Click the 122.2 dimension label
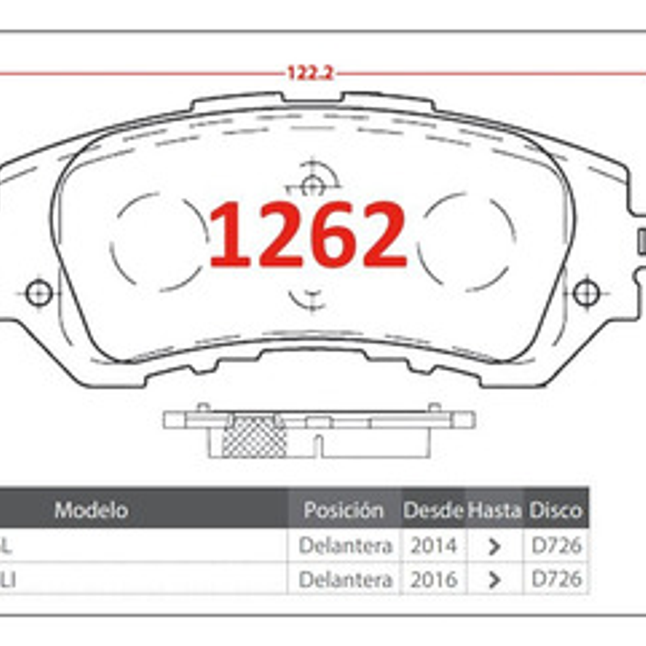[x=309, y=73]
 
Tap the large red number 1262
[x=308, y=235]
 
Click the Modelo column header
[x=91, y=510]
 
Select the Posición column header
[x=343, y=510]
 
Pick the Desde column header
[x=433, y=510]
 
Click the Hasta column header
[x=494, y=510]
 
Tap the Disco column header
[x=555, y=510]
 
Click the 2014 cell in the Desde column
[x=433, y=546]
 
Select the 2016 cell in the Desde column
[x=433, y=579]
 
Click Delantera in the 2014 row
[x=345, y=546]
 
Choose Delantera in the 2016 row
[x=345, y=579]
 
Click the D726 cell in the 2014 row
[x=556, y=546]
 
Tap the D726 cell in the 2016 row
[x=556, y=579]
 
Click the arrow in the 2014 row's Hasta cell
[x=494, y=546]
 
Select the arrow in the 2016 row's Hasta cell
[x=494, y=580]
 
